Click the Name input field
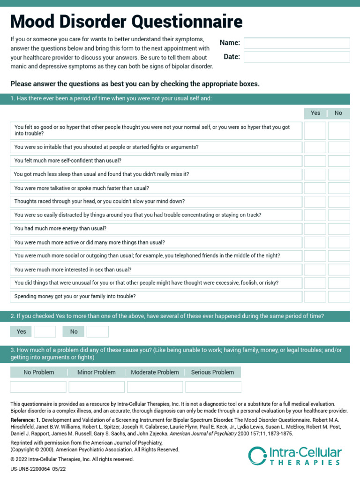[297, 43]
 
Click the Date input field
[297, 57]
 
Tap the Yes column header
[315, 113]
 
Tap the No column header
[338, 113]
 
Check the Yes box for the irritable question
[315, 147]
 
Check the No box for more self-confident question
[338, 161]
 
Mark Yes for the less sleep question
[315, 174]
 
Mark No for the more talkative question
[338, 188]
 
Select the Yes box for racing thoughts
[315, 202]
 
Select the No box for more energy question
[338, 229]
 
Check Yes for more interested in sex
[315, 270]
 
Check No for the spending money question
[338, 297]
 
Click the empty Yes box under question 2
[45, 332]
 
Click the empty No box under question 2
[97, 332]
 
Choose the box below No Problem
[38, 387]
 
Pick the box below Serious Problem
[213, 387]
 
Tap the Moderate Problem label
[155, 372]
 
